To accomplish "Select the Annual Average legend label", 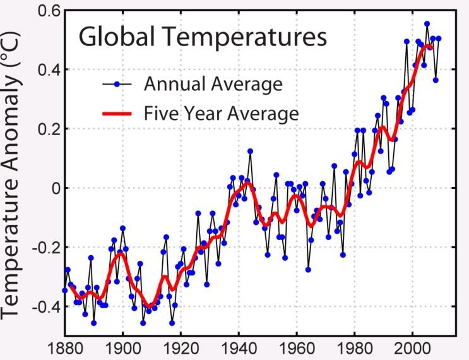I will tap(213, 83).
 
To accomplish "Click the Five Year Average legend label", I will tap(221, 114).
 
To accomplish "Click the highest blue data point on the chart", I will tap(427, 24).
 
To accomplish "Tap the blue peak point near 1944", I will tap(250, 151).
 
